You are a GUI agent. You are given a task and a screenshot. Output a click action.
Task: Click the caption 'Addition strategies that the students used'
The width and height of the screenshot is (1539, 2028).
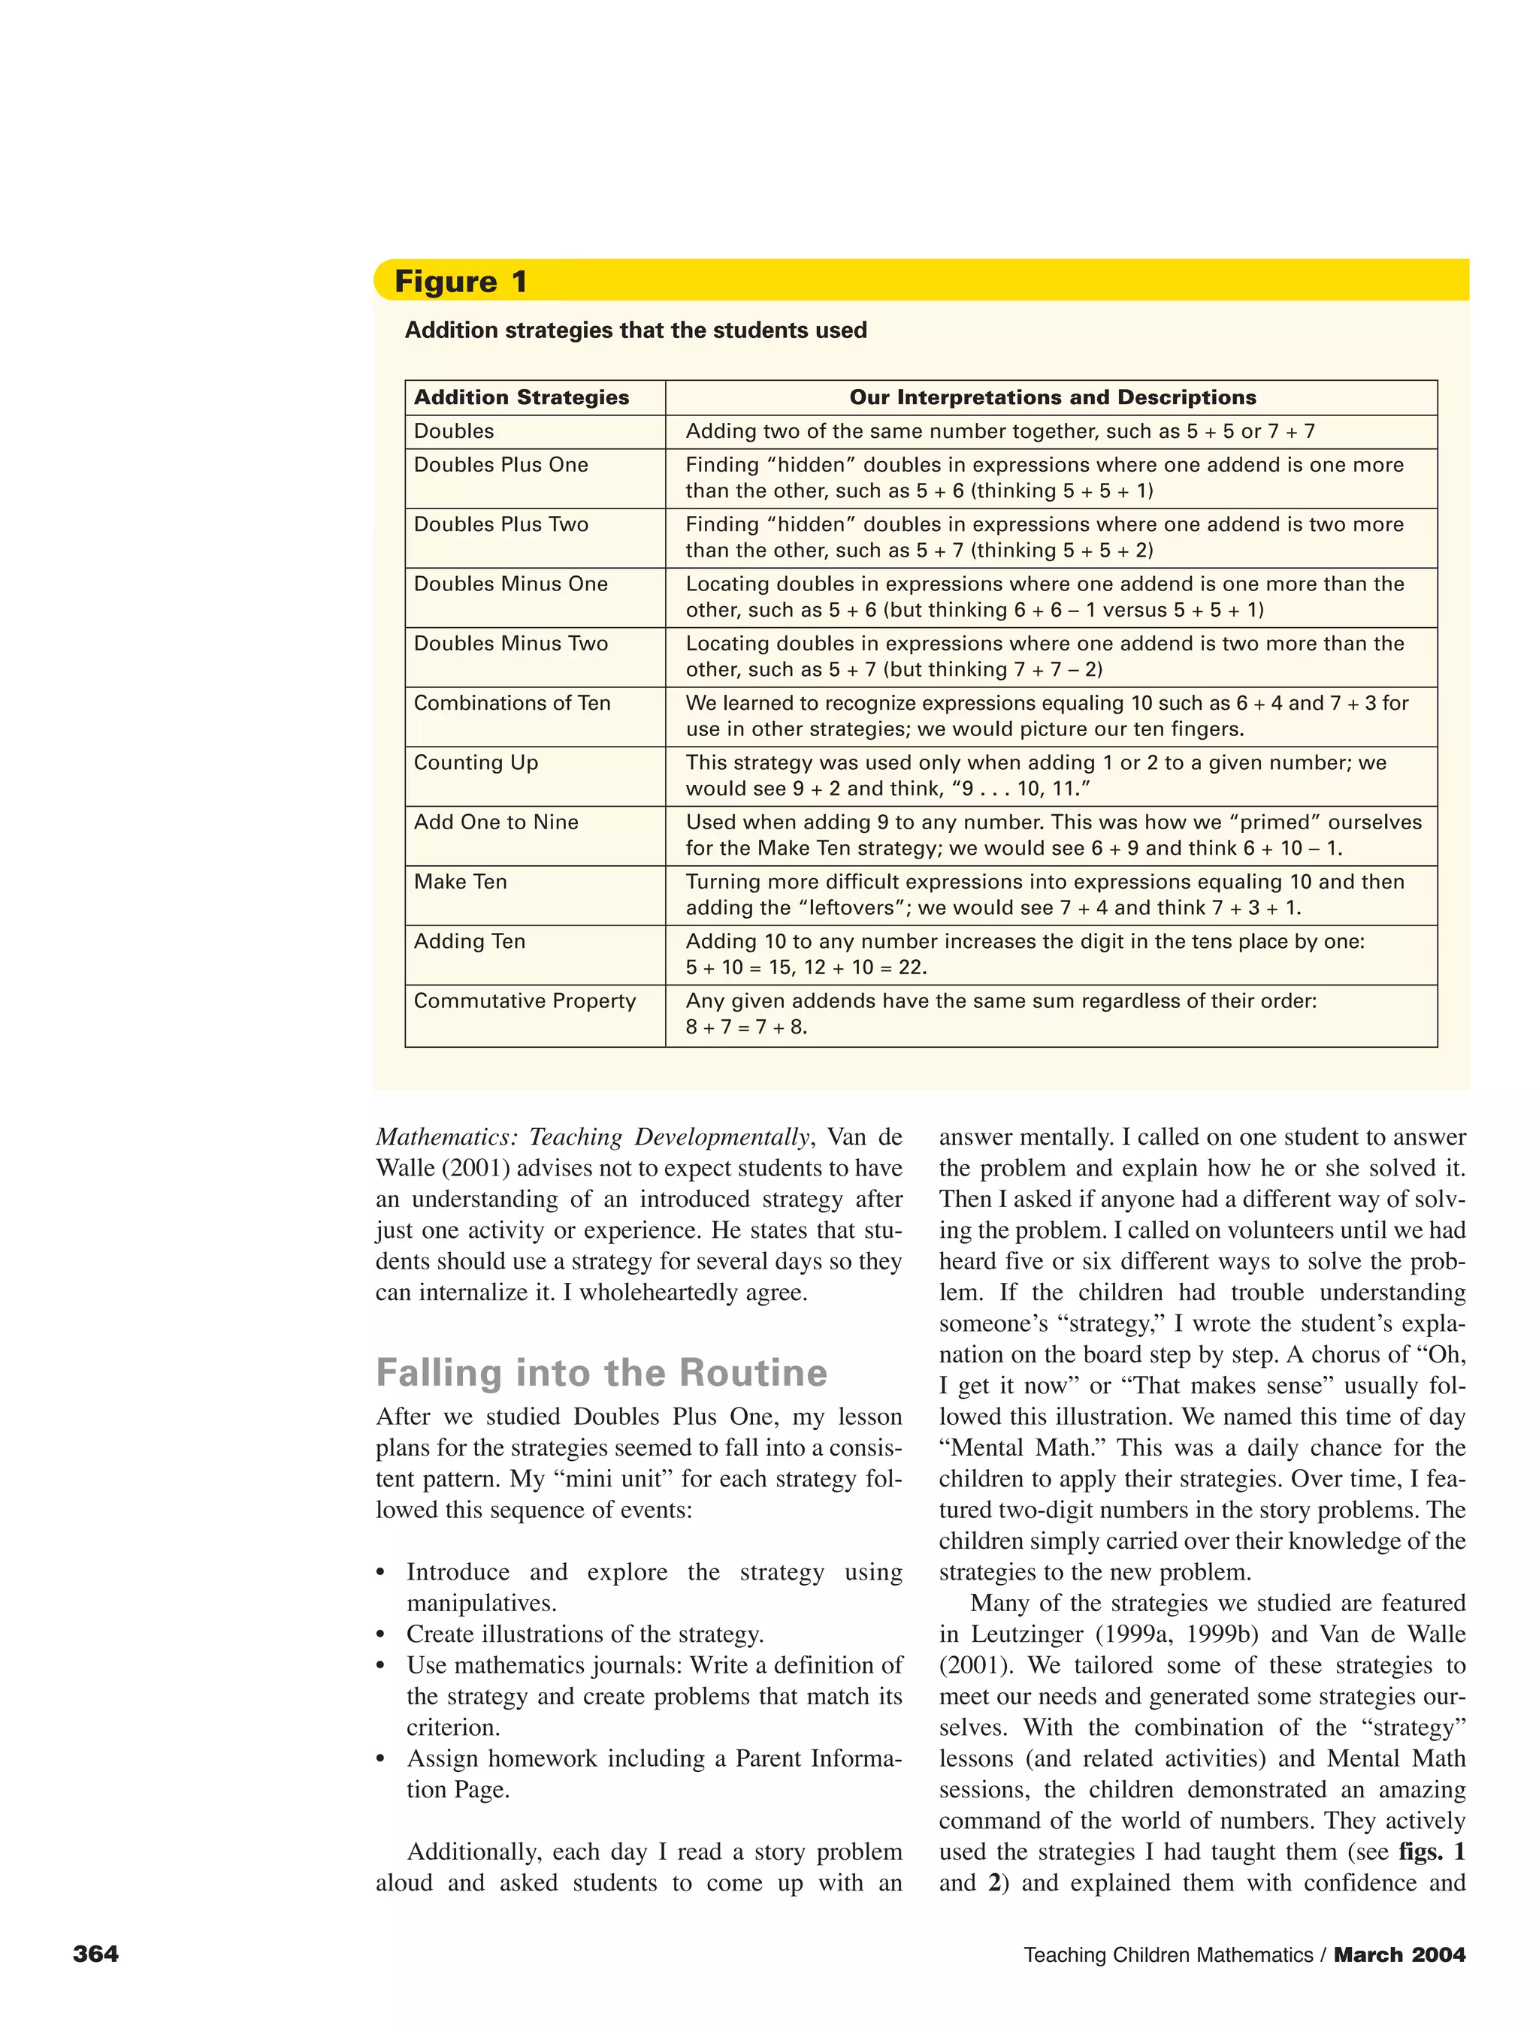[x=636, y=330]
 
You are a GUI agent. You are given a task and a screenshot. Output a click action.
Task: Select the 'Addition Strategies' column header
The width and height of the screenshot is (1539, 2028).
[x=521, y=397]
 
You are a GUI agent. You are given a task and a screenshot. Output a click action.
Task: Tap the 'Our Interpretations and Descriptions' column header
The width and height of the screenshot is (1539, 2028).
[x=1052, y=397]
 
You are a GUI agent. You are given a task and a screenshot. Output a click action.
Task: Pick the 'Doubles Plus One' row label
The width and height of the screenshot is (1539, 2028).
[x=500, y=465]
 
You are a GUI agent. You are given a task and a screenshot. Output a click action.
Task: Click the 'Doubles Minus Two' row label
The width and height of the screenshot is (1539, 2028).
[x=511, y=644]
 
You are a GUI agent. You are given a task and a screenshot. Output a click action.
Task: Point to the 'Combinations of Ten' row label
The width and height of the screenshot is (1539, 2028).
[x=512, y=703]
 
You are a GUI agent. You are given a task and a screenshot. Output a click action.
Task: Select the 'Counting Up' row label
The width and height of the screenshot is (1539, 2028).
[x=476, y=763]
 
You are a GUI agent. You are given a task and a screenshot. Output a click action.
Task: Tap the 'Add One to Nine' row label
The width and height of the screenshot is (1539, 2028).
[x=496, y=822]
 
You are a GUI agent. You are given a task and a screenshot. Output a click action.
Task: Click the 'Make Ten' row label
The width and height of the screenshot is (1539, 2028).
[x=461, y=882]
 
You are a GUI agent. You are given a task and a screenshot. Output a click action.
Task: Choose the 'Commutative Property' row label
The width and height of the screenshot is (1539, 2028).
[x=525, y=1001]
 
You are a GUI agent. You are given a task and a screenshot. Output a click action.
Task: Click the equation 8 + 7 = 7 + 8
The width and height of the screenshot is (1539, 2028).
[x=746, y=1027]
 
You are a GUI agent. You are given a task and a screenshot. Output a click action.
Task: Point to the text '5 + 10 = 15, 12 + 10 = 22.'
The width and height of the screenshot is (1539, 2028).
[x=806, y=967]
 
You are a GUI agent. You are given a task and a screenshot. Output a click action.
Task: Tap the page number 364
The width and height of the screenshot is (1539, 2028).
[x=95, y=1954]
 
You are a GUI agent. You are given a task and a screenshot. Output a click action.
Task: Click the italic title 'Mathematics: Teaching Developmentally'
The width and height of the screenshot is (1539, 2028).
[x=592, y=1138]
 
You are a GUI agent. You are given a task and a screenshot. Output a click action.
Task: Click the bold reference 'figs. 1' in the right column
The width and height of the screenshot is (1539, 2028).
[x=1431, y=1852]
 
